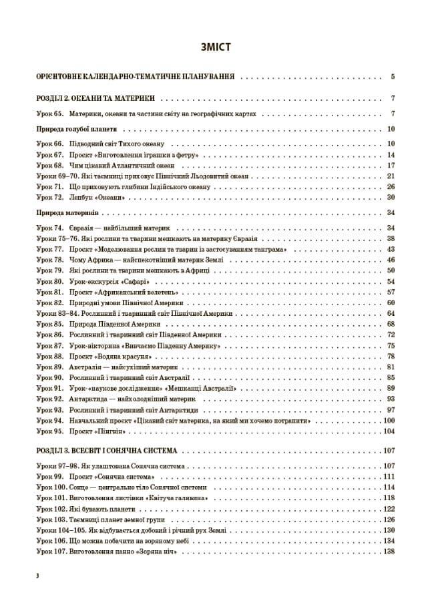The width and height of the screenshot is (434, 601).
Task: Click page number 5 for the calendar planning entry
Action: pyautogui.click(x=393, y=76)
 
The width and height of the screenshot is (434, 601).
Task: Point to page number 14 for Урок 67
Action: pyautogui.click(x=391, y=154)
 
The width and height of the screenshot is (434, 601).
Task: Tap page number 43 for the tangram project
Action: pyautogui.click(x=391, y=249)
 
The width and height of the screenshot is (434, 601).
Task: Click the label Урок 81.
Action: pyautogui.click(x=49, y=292)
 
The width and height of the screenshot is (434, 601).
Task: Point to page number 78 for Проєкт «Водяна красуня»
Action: pyautogui.click(x=391, y=356)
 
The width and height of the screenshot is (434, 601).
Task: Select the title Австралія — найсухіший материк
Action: pyautogui.click(x=124, y=367)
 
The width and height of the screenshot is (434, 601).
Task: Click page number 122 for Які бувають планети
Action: pyautogui.click(x=389, y=508)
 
